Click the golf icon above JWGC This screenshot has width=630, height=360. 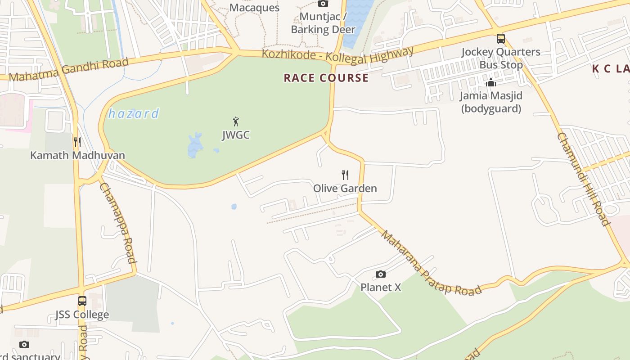point(236,121)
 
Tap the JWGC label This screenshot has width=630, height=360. point(236,135)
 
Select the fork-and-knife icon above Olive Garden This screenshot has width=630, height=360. point(345,175)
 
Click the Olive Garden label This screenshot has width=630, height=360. point(345,188)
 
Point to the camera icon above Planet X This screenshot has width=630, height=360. point(381,274)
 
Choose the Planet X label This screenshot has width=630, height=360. point(381,287)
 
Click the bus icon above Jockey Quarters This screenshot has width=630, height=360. point(501,39)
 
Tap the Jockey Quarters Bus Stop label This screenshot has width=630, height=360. point(501,58)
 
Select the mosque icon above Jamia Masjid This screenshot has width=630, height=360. point(491,82)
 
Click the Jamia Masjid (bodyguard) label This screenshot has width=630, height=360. point(491,102)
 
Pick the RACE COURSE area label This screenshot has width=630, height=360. point(326,78)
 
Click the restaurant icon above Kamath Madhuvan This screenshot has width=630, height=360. point(77,142)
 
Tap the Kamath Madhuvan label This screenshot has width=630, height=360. point(77,155)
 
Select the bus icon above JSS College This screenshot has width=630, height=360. point(82,301)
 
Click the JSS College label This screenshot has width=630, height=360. point(82,314)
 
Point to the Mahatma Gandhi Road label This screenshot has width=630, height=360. point(69,69)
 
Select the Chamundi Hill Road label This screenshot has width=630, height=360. point(583,179)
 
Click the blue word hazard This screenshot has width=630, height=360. point(134,113)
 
